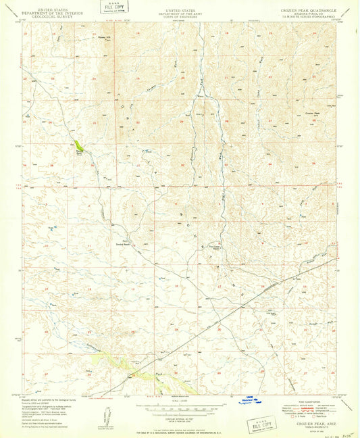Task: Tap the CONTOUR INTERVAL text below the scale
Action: (x=179, y=420)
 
